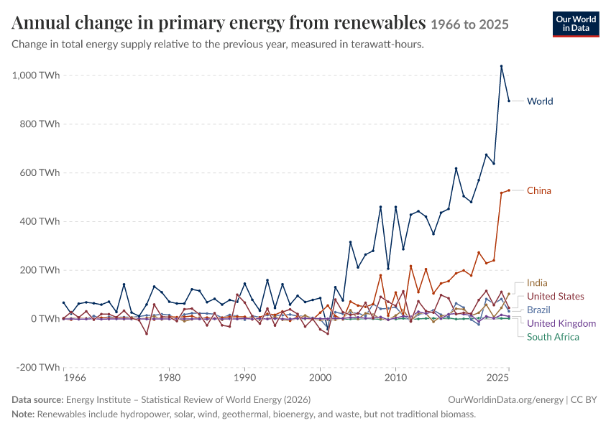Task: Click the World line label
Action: [x=540, y=101]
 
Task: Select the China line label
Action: [x=539, y=191]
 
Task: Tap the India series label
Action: [x=537, y=282]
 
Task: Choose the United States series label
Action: [x=555, y=296]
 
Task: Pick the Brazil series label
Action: [x=538, y=310]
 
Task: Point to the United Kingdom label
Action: [x=561, y=323]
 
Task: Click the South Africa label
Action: [x=553, y=337]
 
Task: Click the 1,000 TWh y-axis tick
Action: [x=36, y=75]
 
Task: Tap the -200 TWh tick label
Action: [x=38, y=368]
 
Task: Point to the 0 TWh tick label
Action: [x=45, y=319]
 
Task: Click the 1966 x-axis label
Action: [x=75, y=378]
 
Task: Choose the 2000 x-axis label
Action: [x=320, y=378]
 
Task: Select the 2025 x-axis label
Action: [x=498, y=378]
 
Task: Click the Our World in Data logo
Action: [x=576, y=24]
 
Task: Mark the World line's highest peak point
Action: [x=502, y=66]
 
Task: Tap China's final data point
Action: [x=509, y=190]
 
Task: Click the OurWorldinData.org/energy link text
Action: [x=506, y=400]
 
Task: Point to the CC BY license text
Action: [x=584, y=400]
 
